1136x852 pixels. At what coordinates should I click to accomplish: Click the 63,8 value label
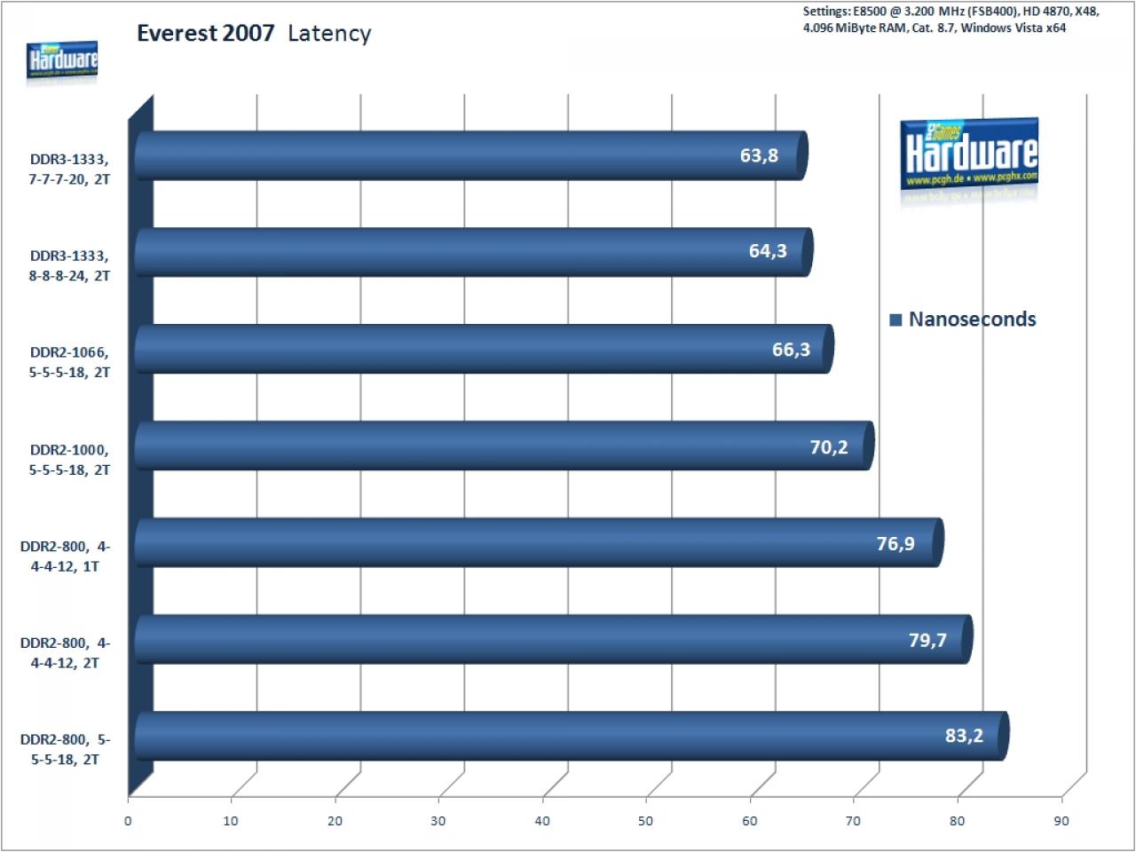click(x=759, y=155)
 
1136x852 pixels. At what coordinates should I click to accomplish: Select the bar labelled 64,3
click(x=474, y=252)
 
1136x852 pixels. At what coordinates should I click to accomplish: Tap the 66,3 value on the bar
click(x=791, y=349)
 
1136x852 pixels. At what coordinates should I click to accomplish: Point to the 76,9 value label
click(x=895, y=543)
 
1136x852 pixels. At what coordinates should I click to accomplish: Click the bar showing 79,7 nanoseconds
click(x=554, y=639)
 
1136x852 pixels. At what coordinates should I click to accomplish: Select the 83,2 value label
click(x=964, y=735)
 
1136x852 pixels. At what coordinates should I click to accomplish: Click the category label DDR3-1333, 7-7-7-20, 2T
click(x=69, y=170)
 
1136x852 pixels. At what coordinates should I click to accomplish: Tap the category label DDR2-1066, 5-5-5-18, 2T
click(x=69, y=362)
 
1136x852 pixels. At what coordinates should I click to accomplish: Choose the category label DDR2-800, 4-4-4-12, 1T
click(x=65, y=556)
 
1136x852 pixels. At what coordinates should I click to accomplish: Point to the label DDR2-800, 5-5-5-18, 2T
click(x=65, y=749)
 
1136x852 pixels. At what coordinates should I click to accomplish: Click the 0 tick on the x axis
click(x=128, y=822)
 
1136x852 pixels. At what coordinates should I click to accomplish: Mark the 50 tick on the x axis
click(x=645, y=822)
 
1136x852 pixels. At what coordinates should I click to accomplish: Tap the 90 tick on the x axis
click(x=1061, y=822)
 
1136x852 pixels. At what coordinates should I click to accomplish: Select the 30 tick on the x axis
click(x=438, y=822)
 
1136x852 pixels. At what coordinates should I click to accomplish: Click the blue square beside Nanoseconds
click(x=895, y=319)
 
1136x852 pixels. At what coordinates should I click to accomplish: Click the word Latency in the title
click(x=329, y=34)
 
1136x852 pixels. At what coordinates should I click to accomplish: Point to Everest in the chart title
click(x=177, y=34)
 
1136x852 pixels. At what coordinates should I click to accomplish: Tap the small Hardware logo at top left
click(x=62, y=61)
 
